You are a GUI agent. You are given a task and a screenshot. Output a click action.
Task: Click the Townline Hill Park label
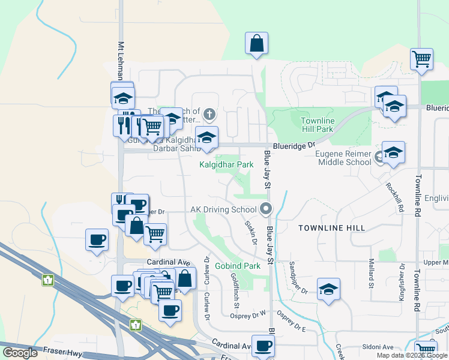point(316,125)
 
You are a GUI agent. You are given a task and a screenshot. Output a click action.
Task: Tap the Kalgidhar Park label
point(226,164)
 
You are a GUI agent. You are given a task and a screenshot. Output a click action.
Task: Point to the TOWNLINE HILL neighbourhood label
point(328,229)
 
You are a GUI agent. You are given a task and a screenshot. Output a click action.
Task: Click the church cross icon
point(209,113)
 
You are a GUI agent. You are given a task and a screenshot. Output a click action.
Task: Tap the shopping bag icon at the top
point(256,44)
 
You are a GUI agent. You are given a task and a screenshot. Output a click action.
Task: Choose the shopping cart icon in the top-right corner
point(422,59)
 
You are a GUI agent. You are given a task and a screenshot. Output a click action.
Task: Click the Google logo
point(20,353)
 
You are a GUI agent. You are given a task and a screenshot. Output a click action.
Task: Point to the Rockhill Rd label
point(393,199)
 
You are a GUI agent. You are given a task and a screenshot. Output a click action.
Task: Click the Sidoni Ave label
point(378,347)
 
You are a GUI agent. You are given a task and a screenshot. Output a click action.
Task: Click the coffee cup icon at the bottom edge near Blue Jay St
point(263,347)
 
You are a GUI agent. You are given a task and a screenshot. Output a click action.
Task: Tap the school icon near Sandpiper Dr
point(328,290)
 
